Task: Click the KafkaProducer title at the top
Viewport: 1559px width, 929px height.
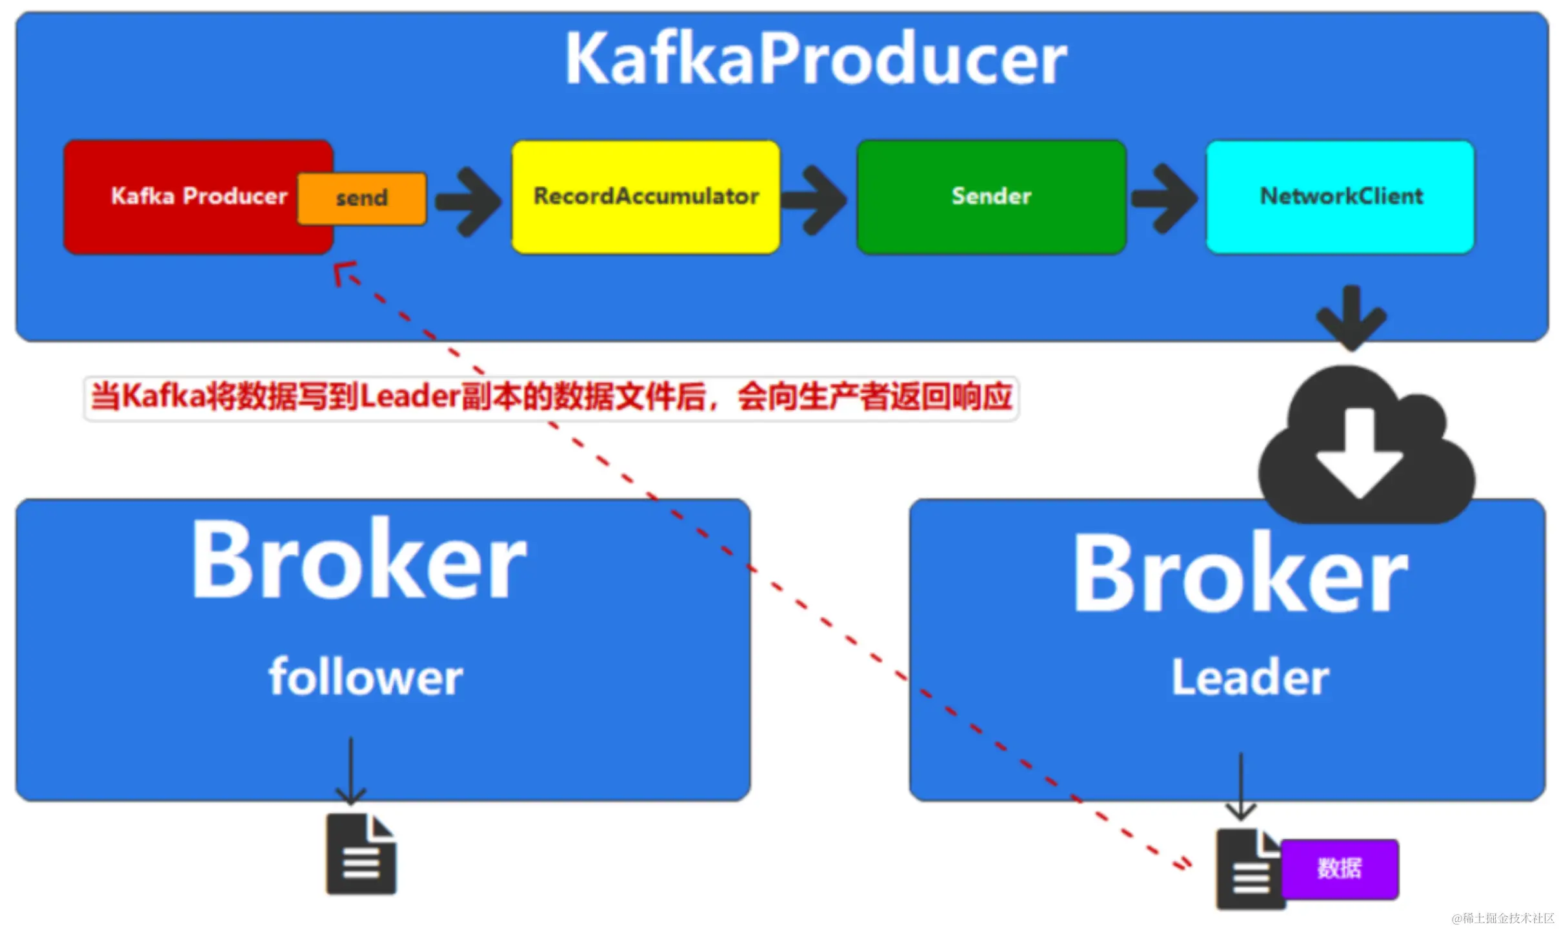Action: (x=816, y=59)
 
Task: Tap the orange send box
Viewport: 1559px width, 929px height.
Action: (x=362, y=198)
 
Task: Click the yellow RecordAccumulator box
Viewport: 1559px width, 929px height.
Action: (x=646, y=197)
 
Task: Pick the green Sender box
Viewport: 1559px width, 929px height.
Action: (x=991, y=197)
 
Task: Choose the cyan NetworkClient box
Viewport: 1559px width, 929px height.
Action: (x=1341, y=197)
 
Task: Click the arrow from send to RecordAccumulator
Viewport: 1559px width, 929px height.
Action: (x=468, y=202)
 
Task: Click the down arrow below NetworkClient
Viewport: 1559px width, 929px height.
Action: (x=1351, y=318)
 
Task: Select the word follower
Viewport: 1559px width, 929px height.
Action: (x=366, y=677)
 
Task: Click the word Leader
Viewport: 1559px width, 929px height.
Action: (x=1250, y=677)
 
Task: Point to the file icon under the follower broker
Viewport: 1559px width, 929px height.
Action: (x=361, y=854)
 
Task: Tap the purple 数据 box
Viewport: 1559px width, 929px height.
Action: (x=1340, y=868)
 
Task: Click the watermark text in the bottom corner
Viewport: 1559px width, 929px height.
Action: (x=1503, y=918)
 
